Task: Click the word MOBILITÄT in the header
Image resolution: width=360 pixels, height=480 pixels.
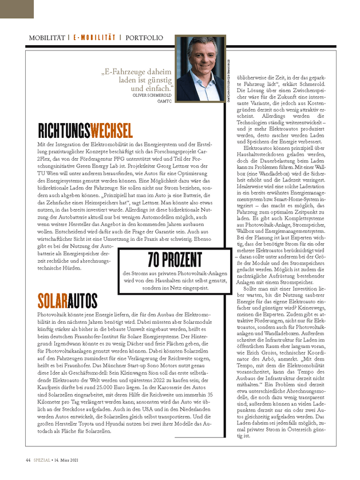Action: click(46, 38)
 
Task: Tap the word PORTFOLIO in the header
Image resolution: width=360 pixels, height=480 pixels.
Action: click(145, 38)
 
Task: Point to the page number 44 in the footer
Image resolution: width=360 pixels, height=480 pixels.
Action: click(28, 461)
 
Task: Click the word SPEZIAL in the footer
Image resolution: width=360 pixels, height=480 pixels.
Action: click(42, 461)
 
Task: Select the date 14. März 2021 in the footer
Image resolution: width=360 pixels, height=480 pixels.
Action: click(70, 461)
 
